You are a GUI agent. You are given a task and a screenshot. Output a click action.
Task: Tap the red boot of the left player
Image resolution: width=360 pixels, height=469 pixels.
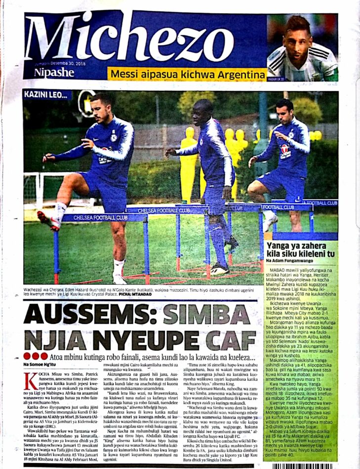click(x=48, y=220)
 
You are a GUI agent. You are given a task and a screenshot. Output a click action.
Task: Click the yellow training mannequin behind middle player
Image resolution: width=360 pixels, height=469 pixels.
click(x=189, y=158)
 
